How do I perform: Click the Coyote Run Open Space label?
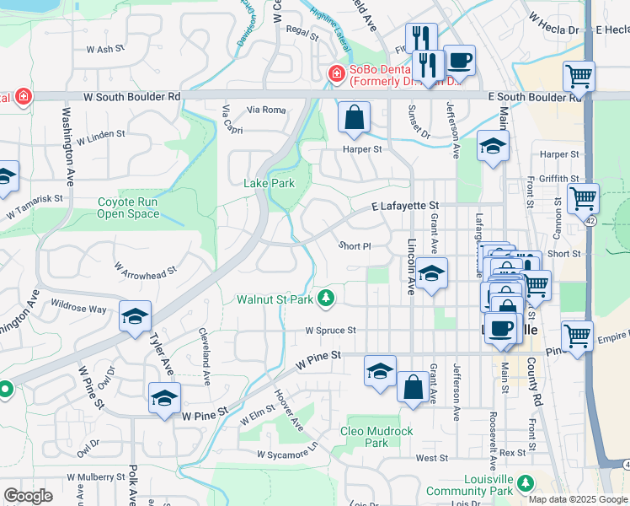[x=128, y=207]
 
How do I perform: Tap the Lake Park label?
[x=269, y=183]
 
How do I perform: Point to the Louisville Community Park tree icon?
[x=526, y=482]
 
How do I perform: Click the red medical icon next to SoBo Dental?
[x=337, y=75]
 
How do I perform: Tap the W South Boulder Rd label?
[x=132, y=97]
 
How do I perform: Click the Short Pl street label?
[x=355, y=246]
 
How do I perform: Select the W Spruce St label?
[x=330, y=331]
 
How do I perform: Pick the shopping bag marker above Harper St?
[x=355, y=118]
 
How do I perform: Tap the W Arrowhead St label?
[x=145, y=270]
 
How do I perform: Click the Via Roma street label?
[x=266, y=110]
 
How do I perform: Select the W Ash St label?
[x=105, y=50]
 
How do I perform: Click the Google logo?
[x=28, y=496]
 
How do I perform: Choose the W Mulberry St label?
[x=96, y=477]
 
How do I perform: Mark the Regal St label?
[x=301, y=29]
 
